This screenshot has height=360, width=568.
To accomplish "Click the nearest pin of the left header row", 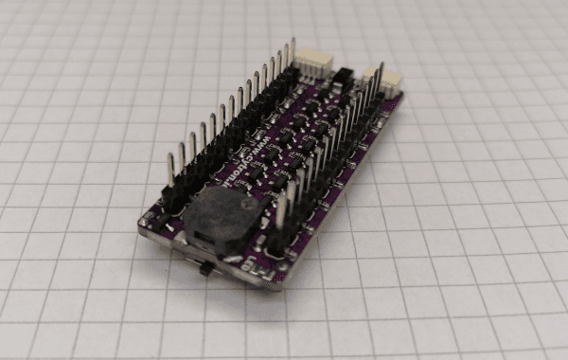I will pos(171,171).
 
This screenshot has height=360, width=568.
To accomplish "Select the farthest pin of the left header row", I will pos(293,51).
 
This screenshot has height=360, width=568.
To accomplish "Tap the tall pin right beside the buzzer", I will pos(282,213).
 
